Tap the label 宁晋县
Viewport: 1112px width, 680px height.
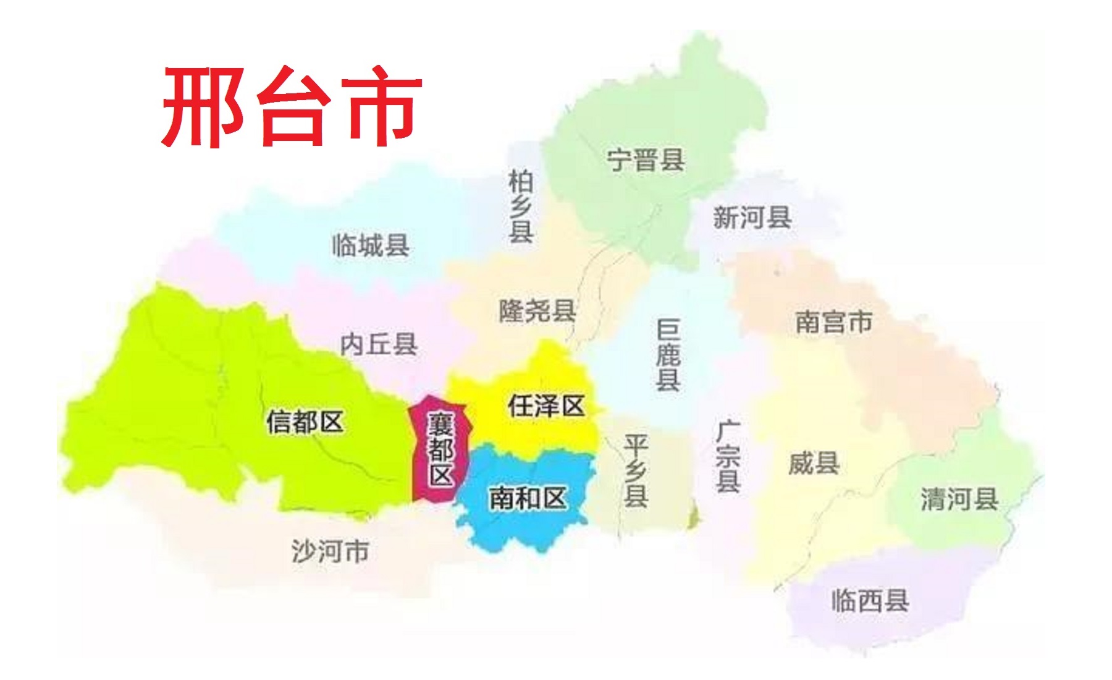click(646, 160)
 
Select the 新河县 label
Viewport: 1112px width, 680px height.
click(752, 218)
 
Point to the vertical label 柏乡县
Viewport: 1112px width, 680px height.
click(521, 206)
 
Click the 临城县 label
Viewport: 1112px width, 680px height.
click(371, 245)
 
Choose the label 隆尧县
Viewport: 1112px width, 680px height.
click(537, 310)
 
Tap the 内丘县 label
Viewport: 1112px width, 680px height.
click(379, 344)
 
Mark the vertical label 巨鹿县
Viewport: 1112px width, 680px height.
click(668, 355)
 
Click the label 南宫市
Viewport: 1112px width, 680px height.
click(833, 322)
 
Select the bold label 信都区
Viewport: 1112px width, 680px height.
click(305, 422)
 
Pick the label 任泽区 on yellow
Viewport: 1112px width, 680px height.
click(546, 406)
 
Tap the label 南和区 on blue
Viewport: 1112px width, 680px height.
click(528, 498)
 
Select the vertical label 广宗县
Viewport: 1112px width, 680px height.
click(728, 456)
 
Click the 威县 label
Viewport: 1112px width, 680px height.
click(814, 463)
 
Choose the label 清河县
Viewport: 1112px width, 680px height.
click(959, 499)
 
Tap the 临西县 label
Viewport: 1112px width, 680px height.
click(870, 600)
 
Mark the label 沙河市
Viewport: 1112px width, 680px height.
click(330, 551)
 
